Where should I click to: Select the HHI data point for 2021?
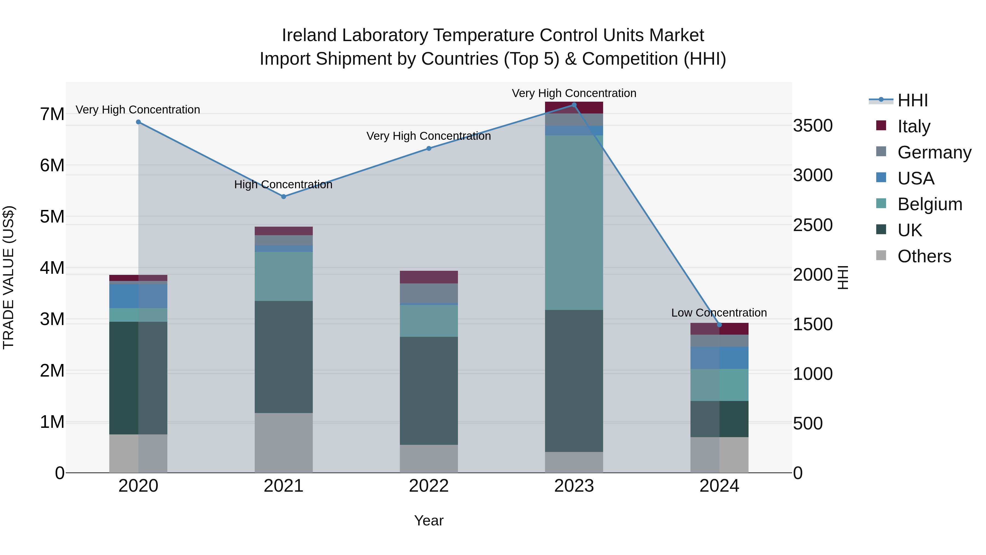(x=284, y=197)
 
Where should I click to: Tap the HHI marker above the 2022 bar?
(x=429, y=148)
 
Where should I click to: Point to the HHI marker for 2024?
(x=719, y=325)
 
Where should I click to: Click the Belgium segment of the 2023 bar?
(x=574, y=222)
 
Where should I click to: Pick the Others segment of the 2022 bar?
(x=429, y=459)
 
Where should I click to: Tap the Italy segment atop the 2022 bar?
(x=429, y=277)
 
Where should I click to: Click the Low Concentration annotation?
(x=719, y=312)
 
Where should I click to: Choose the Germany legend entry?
(x=934, y=152)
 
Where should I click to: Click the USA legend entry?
(x=916, y=178)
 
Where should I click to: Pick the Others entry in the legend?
(x=924, y=256)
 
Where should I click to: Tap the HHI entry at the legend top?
(x=913, y=100)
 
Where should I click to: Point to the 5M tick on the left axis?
(x=52, y=217)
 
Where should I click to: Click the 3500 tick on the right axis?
(x=813, y=126)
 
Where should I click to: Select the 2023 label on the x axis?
(x=574, y=486)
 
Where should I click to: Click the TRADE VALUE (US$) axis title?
(x=8, y=277)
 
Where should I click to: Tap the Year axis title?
(x=429, y=520)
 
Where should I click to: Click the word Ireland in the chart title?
(x=309, y=35)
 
